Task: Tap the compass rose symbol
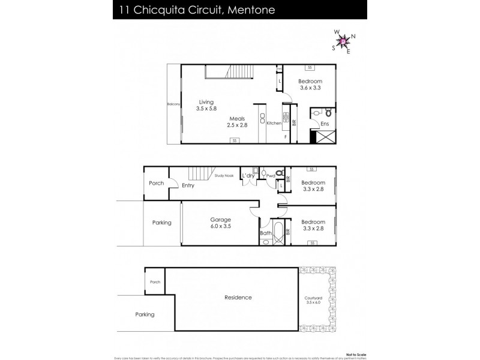(x=343, y=41)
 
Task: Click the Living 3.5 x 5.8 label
(x=205, y=105)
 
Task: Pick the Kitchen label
(x=274, y=123)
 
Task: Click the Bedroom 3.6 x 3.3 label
(x=311, y=85)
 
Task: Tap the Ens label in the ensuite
(x=324, y=124)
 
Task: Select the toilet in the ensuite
(x=326, y=112)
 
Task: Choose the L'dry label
(x=248, y=176)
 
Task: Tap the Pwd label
(x=271, y=176)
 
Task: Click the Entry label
(x=188, y=185)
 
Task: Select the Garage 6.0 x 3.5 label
(x=220, y=223)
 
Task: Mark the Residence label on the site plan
(x=238, y=298)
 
